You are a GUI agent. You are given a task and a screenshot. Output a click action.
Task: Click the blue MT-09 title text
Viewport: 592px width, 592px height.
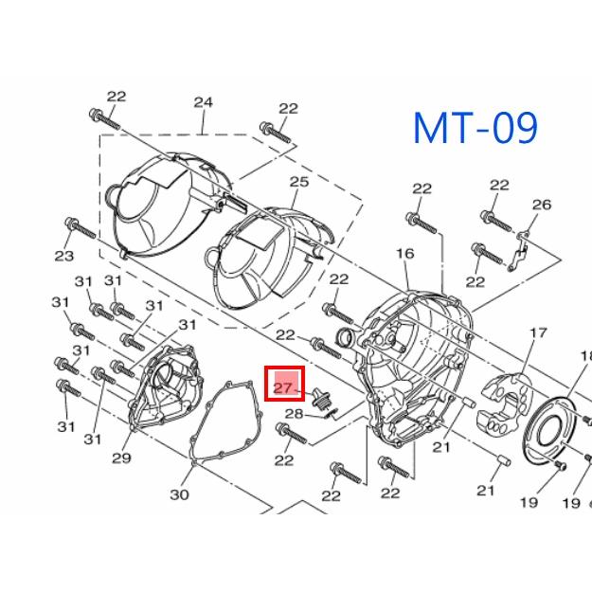pyautogui.click(x=475, y=128)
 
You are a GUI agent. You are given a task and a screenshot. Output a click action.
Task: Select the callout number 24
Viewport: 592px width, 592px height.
pyautogui.click(x=203, y=102)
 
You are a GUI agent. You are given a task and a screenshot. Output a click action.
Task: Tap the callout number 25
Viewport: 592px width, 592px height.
pyautogui.click(x=299, y=182)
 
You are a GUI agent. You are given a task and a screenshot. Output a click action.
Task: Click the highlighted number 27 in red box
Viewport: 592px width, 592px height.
pyautogui.click(x=283, y=388)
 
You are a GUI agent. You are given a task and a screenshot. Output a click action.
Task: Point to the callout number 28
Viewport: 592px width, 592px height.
pyautogui.click(x=294, y=414)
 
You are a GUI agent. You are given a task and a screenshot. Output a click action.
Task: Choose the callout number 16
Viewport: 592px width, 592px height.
pyautogui.click(x=405, y=253)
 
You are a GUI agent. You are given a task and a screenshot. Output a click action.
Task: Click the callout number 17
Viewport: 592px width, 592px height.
pyautogui.click(x=539, y=333)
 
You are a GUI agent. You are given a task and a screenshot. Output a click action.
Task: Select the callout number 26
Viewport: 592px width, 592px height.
pyautogui.click(x=542, y=205)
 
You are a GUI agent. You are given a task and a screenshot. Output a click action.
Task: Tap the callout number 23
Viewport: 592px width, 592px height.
pyautogui.click(x=63, y=256)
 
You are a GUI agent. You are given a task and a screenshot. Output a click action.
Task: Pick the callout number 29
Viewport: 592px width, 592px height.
pyautogui.click(x=121, y=457)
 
